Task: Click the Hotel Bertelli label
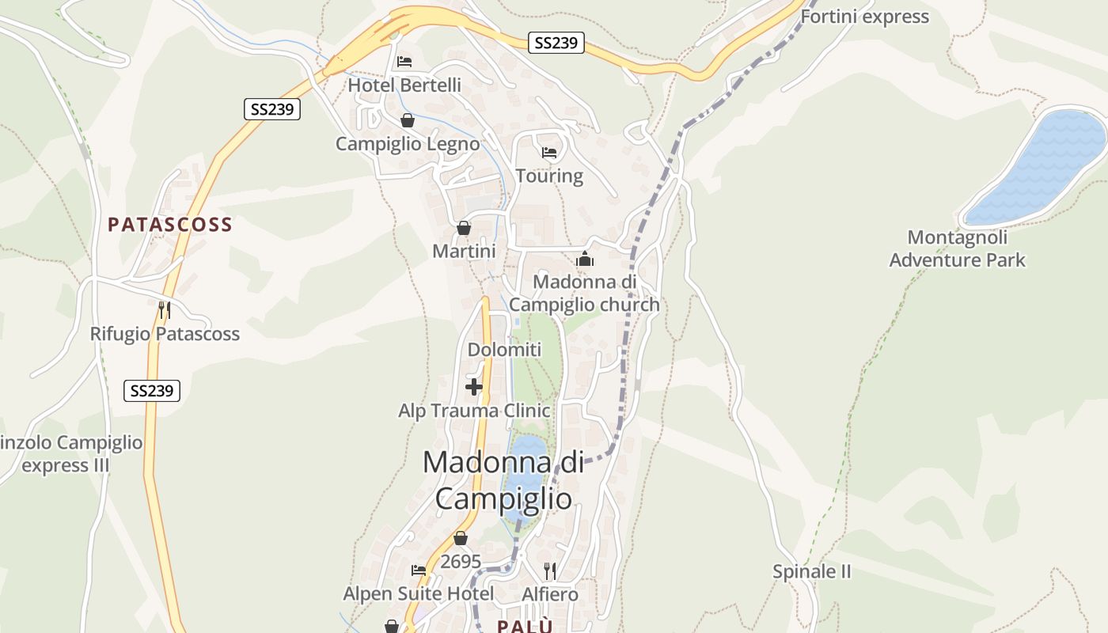[404, 85]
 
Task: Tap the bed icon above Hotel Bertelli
[404, 61]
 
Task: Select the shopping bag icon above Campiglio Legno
[408, 120]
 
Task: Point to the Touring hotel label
[549, 176]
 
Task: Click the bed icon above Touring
[549, 152]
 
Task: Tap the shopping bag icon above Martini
[464, 228]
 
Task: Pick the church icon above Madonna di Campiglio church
[585, 259]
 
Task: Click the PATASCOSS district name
[170, 225]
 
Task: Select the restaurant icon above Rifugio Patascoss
[165, 309]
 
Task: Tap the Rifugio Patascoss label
[165, 334]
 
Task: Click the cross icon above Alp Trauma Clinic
[474, 387]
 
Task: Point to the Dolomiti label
[504, 350]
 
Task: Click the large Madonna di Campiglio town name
[503, 479]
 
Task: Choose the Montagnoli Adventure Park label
[958, 248]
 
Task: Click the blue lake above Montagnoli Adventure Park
[1037, 168]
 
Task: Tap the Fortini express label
[865, 17]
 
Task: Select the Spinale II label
[812, 571]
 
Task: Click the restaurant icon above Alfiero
[550, 570]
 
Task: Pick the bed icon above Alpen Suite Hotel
[419, 570]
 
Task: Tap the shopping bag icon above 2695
[461, 538]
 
